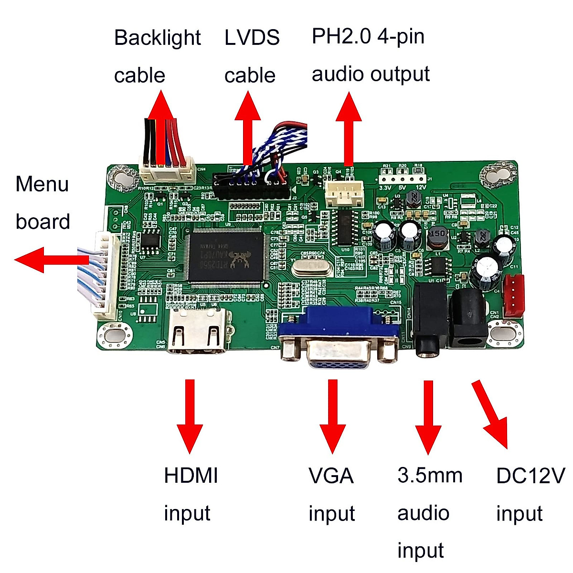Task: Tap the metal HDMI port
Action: (x=198, y=331)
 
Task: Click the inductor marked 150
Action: (x=437, y=237)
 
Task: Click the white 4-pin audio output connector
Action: (x=344, y=193)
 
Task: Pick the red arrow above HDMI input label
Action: (x=190, y=415)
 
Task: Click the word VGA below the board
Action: (x=331, y=476)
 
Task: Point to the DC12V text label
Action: (x=530, y=476)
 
